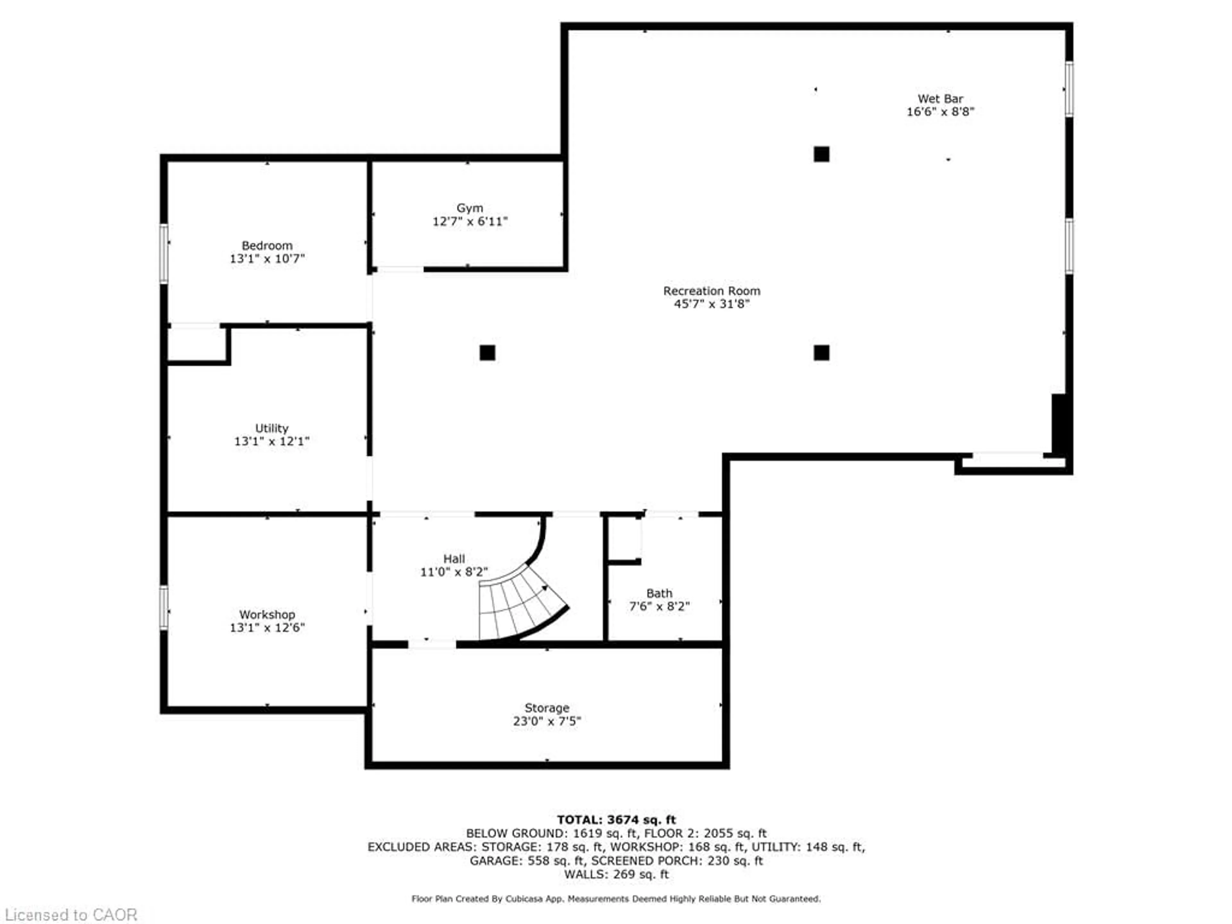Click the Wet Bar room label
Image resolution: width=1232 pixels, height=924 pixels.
click(940, 98)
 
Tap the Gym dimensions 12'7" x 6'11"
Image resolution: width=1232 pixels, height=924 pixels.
click(470, 222)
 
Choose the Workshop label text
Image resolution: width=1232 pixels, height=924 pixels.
click(267, 614)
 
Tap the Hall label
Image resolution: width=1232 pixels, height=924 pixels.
click(454, 559)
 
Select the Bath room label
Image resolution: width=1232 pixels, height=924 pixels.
click(659, 593)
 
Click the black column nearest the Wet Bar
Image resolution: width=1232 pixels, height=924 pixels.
click(821, 154)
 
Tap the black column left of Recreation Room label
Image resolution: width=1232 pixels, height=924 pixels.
click(487, 353)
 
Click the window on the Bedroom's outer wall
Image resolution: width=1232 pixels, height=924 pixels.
click(164, 253)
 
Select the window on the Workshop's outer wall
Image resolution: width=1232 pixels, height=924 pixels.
click(164, 608)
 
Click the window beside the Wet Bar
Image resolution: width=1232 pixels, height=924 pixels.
click(1069, 89)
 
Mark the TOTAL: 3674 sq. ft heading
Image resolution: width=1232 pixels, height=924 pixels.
click(616, 820)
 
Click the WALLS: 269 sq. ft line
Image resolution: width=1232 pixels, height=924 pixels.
click(616, 874)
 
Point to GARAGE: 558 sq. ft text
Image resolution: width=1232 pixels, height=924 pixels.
click(526, 861)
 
